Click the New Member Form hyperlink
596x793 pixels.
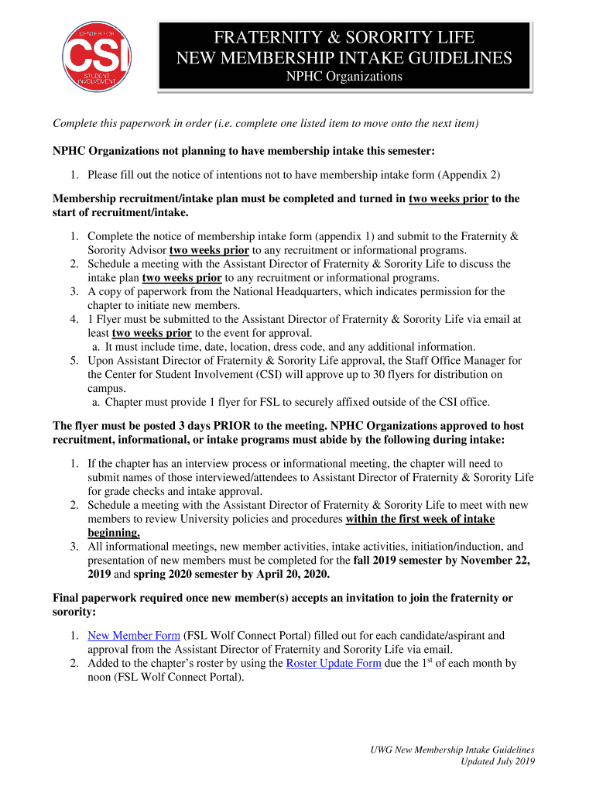click(x=134, y=635)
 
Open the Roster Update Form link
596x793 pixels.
click(x=333, y=663)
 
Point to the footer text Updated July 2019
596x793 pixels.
click(x=498, y=761)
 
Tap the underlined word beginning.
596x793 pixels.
click(x=114, y=533)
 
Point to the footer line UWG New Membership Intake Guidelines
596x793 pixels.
click(x=451, y=750)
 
